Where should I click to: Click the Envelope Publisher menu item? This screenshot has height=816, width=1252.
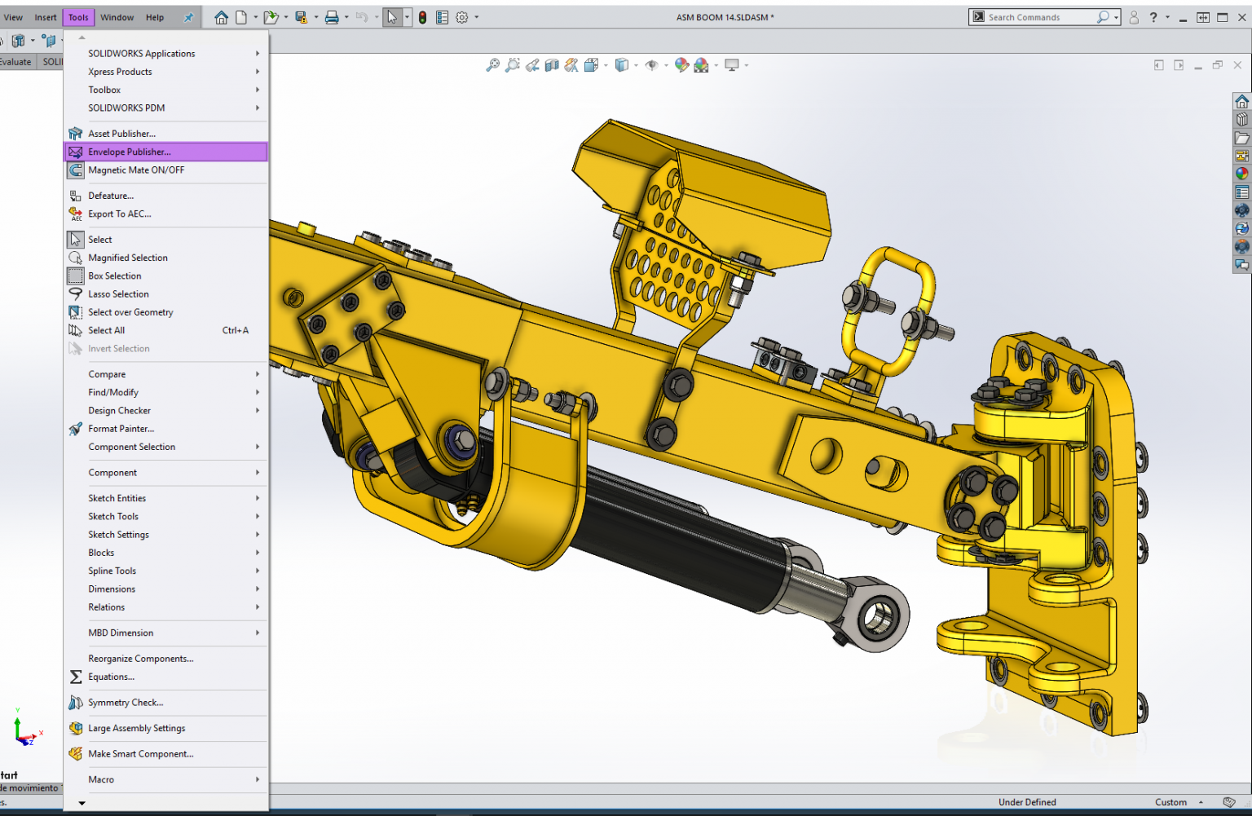[130, 152]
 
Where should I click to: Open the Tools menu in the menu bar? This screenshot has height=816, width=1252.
[78, 17]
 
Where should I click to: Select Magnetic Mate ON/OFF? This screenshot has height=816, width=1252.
[136, 170]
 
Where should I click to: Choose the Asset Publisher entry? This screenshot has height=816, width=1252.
[121, 134]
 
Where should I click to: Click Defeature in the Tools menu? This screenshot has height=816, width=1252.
[111, 196]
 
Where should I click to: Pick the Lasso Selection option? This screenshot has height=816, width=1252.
[118, 294]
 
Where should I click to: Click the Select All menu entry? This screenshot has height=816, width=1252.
[107, 330]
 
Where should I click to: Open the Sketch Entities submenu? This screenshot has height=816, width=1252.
[117, 498]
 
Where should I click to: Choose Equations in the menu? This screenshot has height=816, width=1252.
[111, 677]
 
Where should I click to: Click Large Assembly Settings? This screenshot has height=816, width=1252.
[136, 728]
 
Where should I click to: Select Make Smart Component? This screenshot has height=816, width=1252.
[140, 754]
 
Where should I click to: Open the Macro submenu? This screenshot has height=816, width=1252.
[101, 779]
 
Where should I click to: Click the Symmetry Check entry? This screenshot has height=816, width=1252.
[126, 703]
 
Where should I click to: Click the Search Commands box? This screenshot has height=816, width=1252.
[1039, 17]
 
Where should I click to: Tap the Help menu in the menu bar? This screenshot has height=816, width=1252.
[155, 17]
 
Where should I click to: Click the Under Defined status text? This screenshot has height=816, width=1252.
[1026, 802]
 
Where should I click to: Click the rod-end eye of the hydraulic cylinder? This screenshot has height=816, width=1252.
[879, 613]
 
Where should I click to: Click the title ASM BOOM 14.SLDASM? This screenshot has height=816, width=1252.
[724, 17]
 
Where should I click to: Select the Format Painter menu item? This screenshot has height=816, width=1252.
[121, 429]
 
